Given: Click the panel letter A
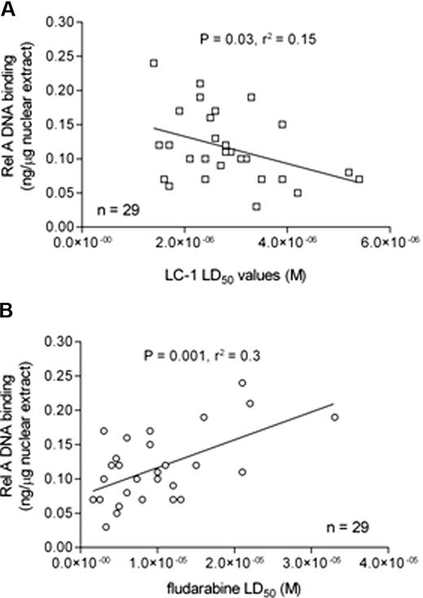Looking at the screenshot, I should [7, 7].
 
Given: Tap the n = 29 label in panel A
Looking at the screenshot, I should [118, 211].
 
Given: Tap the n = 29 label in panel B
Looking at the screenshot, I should [347, 527].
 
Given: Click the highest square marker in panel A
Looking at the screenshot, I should [153, 63].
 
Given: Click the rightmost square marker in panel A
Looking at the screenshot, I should [359, 179].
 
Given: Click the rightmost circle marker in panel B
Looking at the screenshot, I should [334, 417].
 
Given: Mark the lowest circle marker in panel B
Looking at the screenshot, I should [106, 526].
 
